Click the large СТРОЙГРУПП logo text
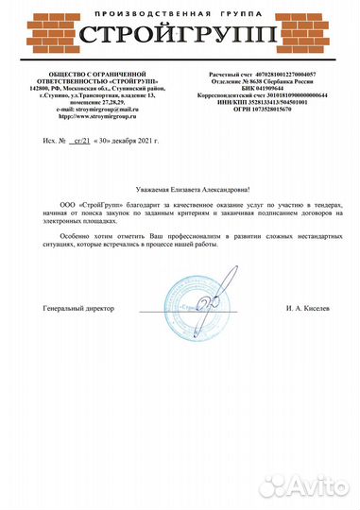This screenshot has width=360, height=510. coord(180,37)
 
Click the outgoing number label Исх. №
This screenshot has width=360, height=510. coord(52,140)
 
